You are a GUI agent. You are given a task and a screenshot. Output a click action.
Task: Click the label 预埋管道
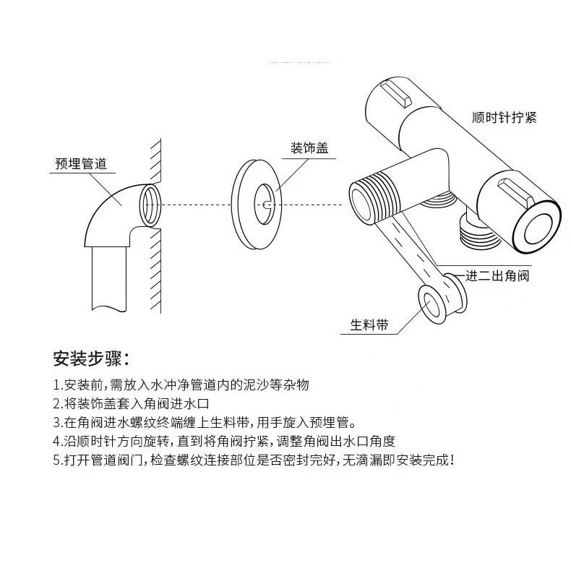[81, 164]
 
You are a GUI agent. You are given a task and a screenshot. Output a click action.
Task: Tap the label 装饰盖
[309, 148]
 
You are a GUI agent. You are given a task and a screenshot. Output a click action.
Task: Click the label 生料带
[369, 326]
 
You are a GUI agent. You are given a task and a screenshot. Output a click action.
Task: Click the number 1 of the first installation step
[57, 385]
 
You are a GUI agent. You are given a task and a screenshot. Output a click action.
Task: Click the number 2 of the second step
[57, 403]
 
